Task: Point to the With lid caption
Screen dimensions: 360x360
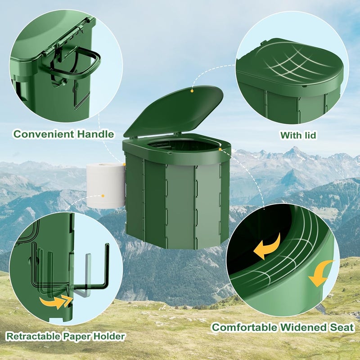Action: [x=298, y=135]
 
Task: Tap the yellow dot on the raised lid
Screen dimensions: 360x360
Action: [x=192, y=90]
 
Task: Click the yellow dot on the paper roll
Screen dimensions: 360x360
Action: [x=103, y=196]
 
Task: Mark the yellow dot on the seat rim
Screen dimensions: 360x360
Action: [x=220, y=148]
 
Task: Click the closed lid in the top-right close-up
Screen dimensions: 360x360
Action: [x=290, y=67]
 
